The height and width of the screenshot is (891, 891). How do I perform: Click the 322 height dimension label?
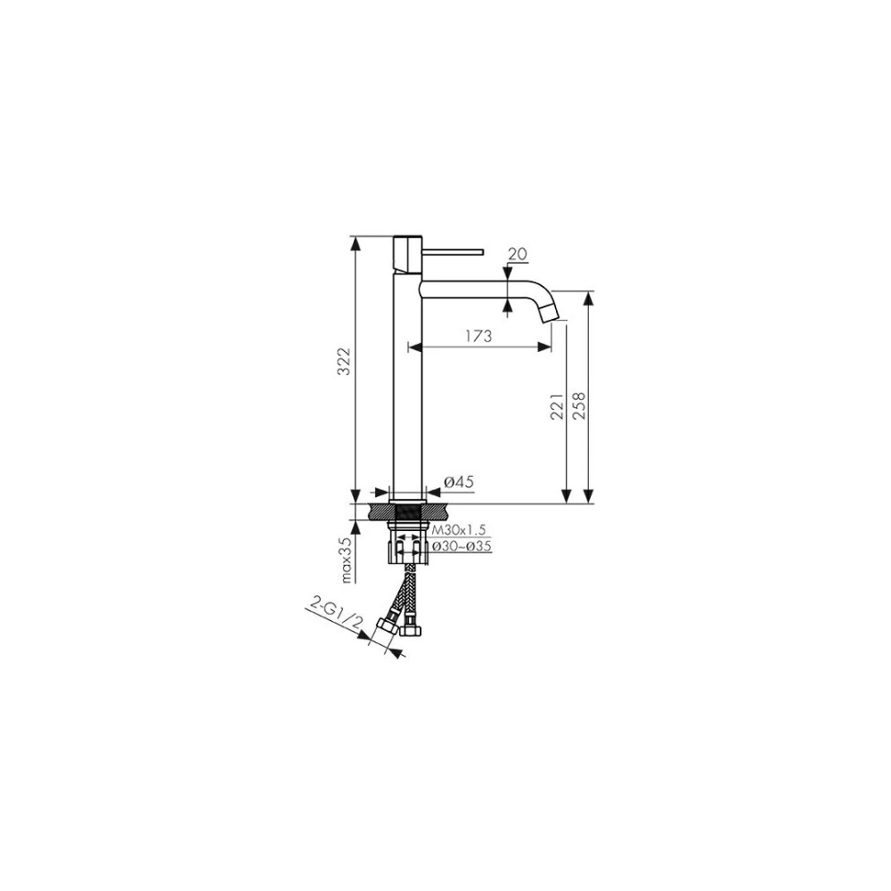pyautogui.click(x=343, y=361)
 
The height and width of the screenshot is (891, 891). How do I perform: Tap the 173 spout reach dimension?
pyautogui.click(x=479, y=336)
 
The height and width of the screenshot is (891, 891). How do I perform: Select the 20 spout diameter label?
pyautogui.click(x=518, y=254)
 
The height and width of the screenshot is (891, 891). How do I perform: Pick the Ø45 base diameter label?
pyautogui.click(x=459, y=482)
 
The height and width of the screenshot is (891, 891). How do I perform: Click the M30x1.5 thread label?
pyautogui.click(x=459, y=530)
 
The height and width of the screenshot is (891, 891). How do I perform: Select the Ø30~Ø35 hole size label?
pyautogui.click(x=462, y=547)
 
